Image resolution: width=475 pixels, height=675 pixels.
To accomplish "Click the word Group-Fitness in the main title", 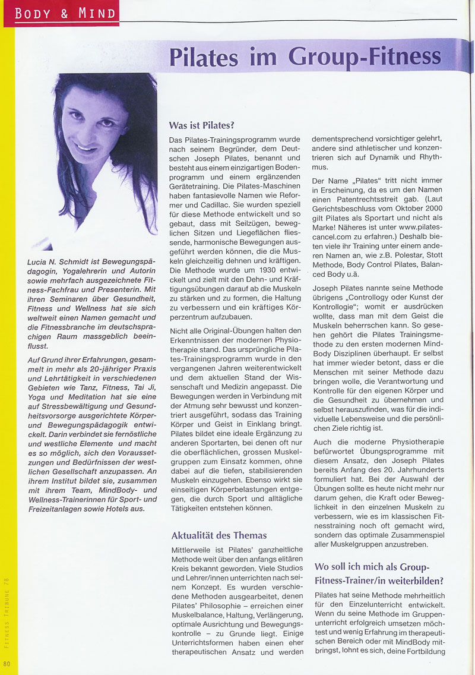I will pyautogui.click(x=365, y=57).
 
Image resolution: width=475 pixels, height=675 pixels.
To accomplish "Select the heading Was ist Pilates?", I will pyautogui.click(x=202, y=125).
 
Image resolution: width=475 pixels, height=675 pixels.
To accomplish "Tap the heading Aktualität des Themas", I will pyautogui.click(x=219, y=535).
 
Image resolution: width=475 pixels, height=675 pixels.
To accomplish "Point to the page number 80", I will pyautogui.click(x=7, y=663).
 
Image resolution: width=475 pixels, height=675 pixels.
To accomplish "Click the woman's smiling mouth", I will pyautogui.click(x=85, y=147).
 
